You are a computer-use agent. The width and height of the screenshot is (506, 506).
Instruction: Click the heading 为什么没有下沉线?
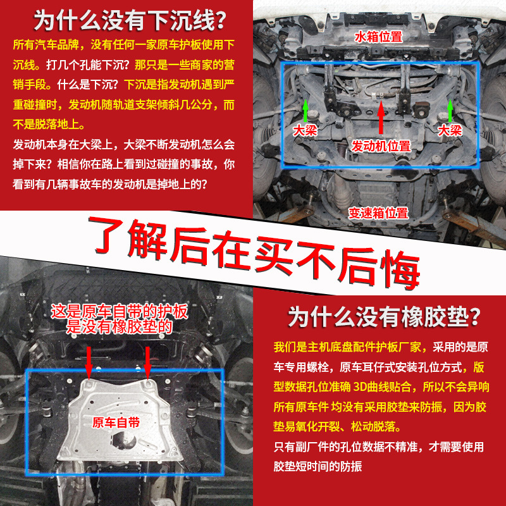click(130, 20)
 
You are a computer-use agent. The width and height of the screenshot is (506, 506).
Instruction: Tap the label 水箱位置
click(378, 37)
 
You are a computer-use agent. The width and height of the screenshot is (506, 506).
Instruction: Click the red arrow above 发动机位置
click(381, 117)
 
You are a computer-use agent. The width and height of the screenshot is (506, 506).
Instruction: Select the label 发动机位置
click(381, 146)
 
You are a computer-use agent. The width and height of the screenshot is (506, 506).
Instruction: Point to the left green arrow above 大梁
click(305, 111)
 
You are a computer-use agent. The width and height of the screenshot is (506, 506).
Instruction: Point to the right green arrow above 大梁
click(450, 111)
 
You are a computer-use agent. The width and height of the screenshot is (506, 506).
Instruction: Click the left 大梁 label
click(305, 130)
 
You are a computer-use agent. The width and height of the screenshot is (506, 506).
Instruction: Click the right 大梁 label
click(450, 130)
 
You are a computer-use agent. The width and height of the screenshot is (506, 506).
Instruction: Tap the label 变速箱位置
click(378, 213)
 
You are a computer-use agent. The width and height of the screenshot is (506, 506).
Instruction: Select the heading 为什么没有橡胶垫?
click(384, 318)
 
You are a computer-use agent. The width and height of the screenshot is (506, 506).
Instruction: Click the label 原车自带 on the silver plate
click(116, 422)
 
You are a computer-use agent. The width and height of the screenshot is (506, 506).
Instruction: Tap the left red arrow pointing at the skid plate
click(89, 362)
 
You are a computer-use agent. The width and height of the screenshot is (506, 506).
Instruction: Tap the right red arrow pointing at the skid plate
click(147, 362)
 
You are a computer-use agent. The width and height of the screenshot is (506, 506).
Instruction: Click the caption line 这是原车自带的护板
click(120, 312)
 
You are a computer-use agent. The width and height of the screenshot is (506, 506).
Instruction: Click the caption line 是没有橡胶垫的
click(120, 326)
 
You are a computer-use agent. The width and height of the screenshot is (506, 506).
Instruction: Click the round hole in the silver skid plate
click(125, 440)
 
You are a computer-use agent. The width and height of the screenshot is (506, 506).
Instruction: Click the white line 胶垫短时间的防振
click(318, 466)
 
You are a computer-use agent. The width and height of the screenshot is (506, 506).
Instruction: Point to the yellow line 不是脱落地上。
click(49, 124)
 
